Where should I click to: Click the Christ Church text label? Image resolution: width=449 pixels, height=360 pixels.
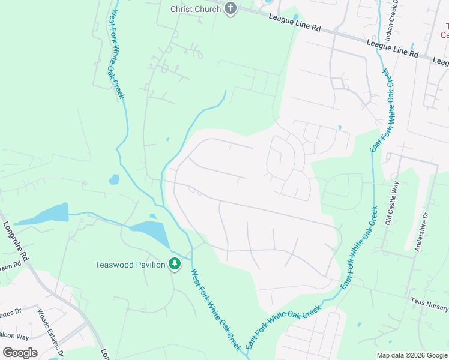point(196,9)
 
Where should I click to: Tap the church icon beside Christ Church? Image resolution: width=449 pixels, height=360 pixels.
point(231,8)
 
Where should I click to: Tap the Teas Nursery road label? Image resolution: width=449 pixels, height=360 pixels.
point(429,304)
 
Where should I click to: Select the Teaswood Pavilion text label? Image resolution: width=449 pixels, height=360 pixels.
point(130,265)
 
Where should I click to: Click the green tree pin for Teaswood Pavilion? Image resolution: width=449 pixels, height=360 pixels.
point(174,264)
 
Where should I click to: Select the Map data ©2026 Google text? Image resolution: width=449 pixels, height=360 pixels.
point(411,355)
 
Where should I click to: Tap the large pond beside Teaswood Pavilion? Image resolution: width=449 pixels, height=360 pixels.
point(150,232)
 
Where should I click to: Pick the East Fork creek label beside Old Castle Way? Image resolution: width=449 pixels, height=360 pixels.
point(359,248)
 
